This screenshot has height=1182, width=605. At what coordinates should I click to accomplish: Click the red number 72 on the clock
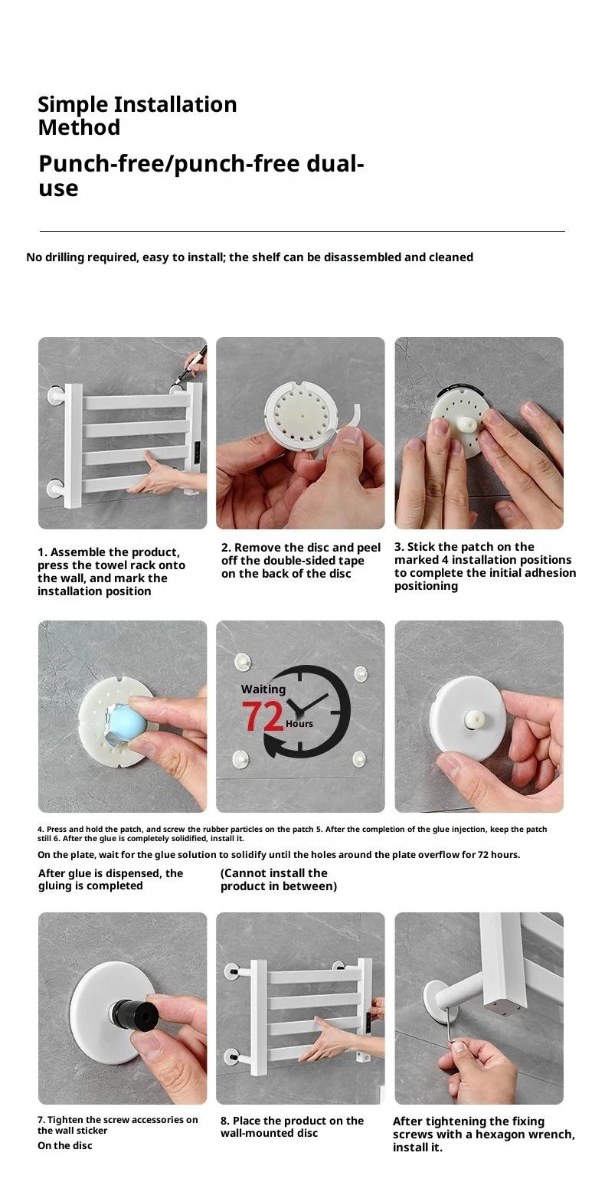pyautogui.click(x=263, y=715)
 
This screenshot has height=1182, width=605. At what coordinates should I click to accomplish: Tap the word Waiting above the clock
pyautogui.click(x=263, y=689)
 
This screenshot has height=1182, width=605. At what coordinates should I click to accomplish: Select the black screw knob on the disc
pyautogui.click(x=129, y=1013)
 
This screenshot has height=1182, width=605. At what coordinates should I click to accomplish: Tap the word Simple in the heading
pyautogui.click(x=74, y=104)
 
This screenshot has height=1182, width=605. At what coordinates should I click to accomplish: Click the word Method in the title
pyautogui.click(x=79, y=127)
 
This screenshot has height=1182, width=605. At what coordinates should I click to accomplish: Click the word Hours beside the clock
pyautogui.click(x=299, y=724)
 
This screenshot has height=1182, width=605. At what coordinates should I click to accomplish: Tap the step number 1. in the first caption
pyautogui.click(x=42, y=552)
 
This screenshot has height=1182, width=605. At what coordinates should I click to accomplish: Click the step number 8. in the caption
pyautogui.click(x=225, y=1121)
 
